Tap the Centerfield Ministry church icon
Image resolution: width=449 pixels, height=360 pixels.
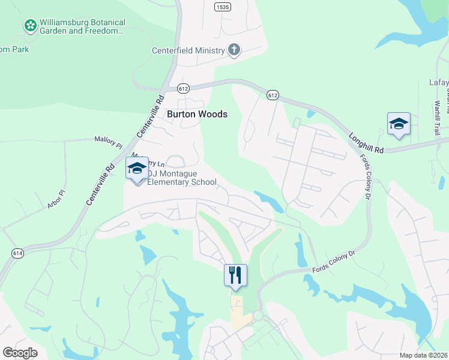click(x=234, y=50)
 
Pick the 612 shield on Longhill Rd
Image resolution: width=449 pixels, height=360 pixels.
click(x=273, y=95)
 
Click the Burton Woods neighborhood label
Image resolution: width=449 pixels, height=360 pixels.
click(x=197, y=113)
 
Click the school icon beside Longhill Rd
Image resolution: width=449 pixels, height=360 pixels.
click(x=399, y=124)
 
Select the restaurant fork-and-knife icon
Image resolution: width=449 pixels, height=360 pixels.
click(x=235, y=275)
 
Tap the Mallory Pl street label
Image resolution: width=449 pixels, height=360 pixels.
click(x=108, y=142)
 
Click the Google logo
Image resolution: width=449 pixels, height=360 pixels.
click(x=20, y=352)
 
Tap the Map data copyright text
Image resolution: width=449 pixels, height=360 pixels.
click(x=423, y=355)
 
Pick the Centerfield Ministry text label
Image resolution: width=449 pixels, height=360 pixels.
click(x=192, y=50)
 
